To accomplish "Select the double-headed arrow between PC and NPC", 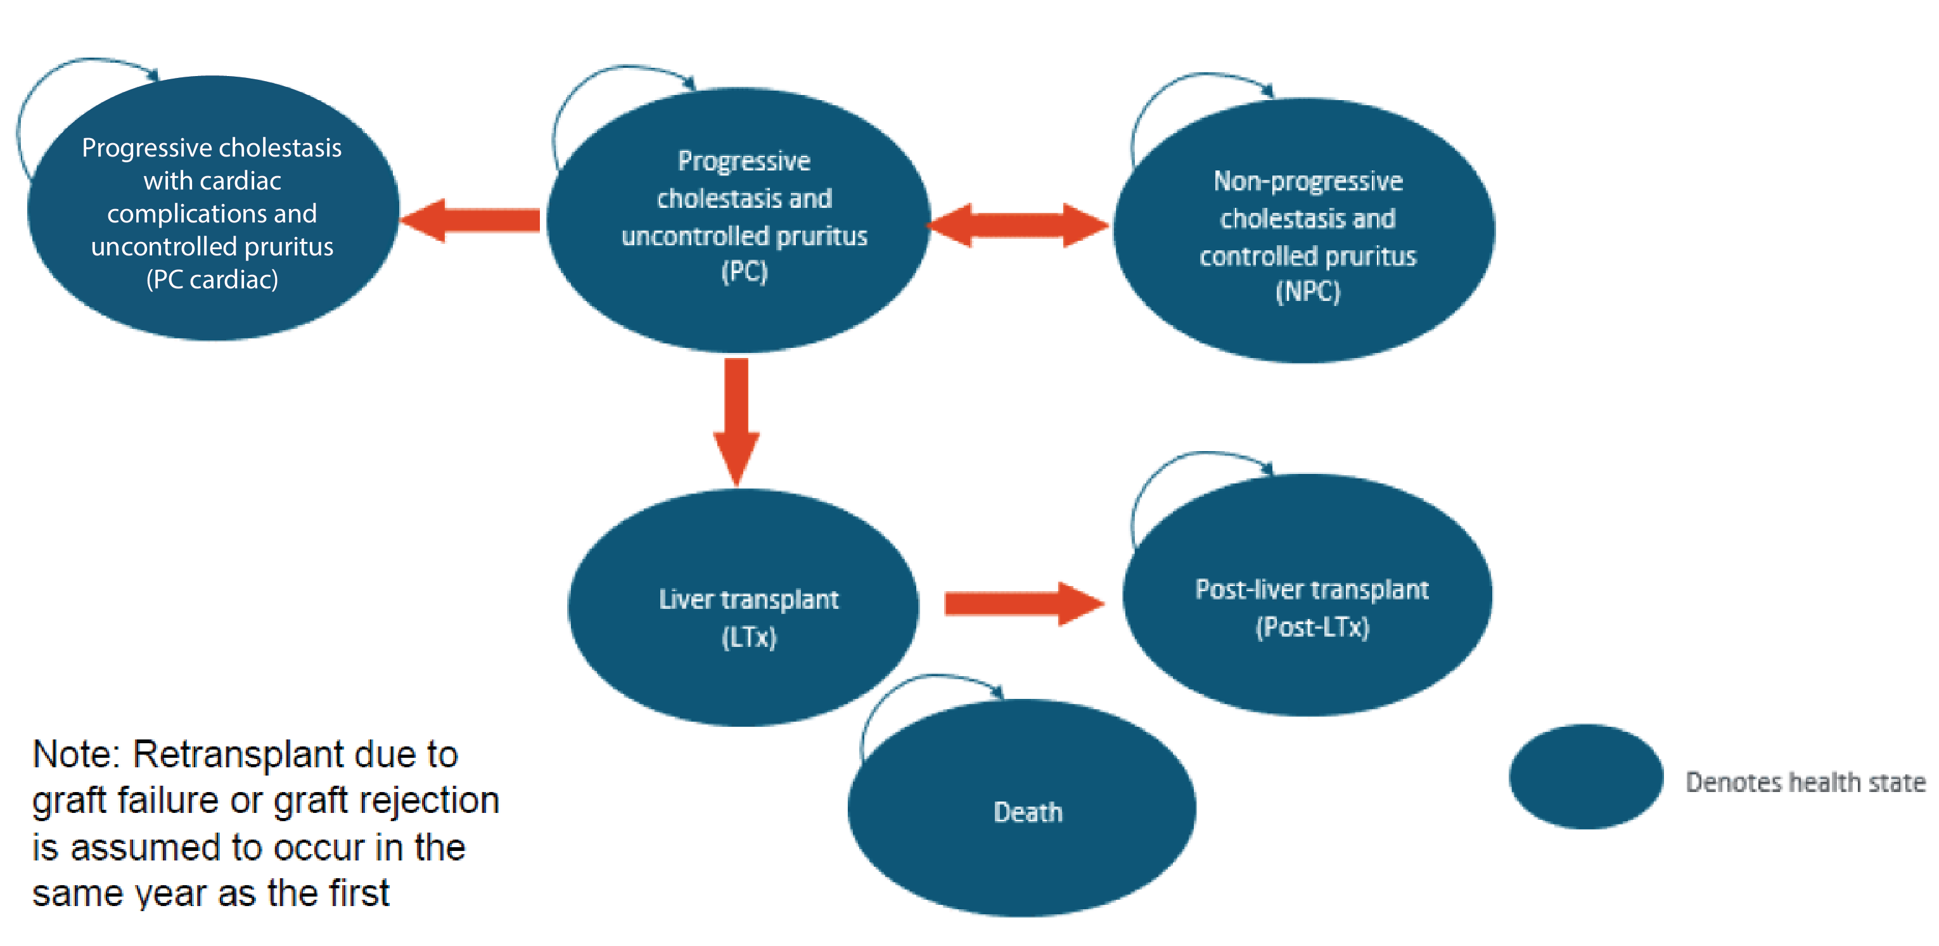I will point(1018,224).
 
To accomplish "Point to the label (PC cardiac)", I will point(212,279).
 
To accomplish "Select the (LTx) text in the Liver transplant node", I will point(748,637).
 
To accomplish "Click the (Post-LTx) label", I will point(1312,626).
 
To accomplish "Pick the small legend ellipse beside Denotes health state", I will point(1585,776).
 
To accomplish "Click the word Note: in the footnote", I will point(76,754).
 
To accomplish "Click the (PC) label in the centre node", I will point(744,271).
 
